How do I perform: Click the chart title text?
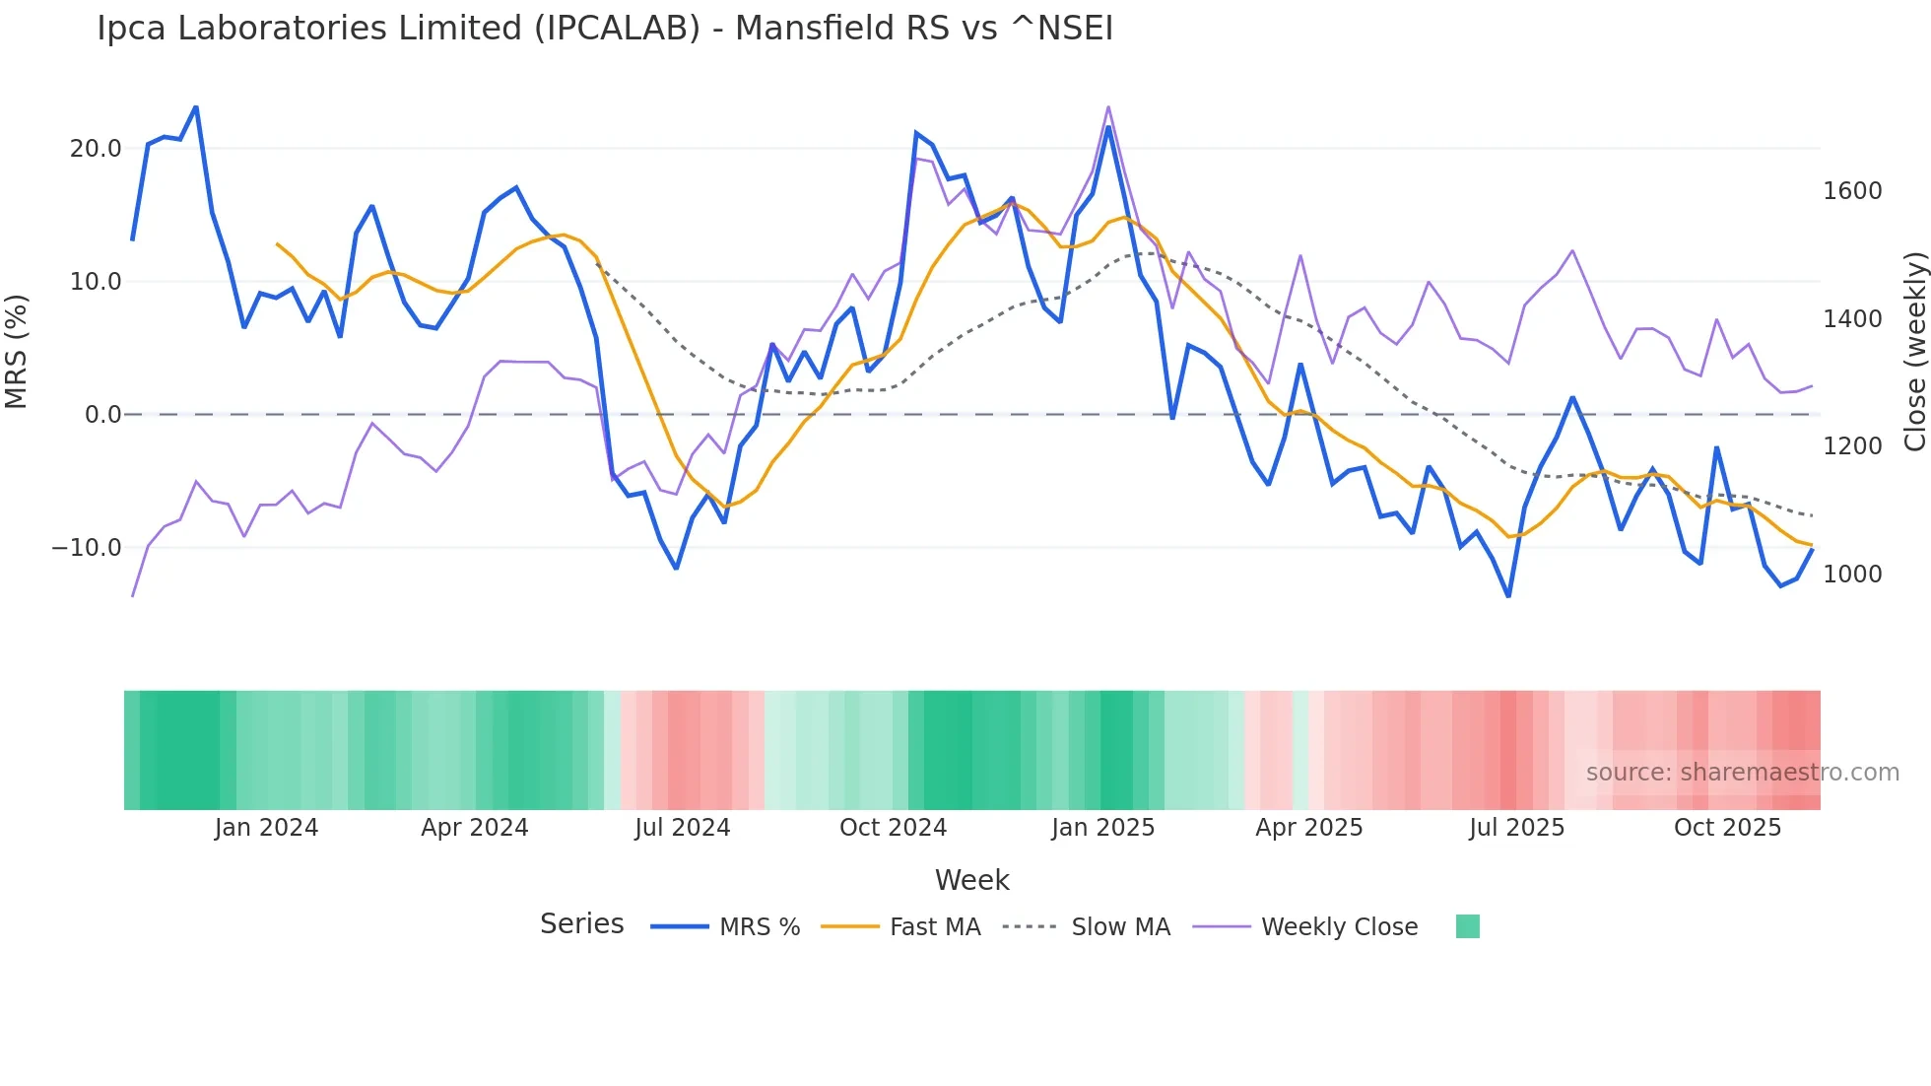click(x=605, y=29)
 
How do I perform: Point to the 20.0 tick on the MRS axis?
click(x=96, y=149)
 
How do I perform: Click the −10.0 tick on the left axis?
click(x=87, y=548)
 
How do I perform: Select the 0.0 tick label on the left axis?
click(x=102, y=415)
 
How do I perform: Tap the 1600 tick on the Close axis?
click(x=1852, y=191)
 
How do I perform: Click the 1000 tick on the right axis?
click(x=1852, y=575)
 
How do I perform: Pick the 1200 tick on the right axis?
click(x=1852, y=446)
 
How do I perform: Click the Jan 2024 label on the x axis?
click(x=266, y=828)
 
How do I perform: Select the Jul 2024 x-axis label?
click(x=682, y=828)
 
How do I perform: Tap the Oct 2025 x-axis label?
click(x=1727, y=828)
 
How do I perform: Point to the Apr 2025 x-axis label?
click(x=1308, y=828)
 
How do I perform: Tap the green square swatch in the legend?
click(x=1467, y=926)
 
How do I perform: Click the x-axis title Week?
click(x=971, y=880)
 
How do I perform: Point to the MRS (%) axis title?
click(x=17, y=351)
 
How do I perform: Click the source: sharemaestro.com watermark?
click(x=1742, y=773)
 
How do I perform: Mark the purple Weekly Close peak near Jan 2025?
click(x=1108, y=107)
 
